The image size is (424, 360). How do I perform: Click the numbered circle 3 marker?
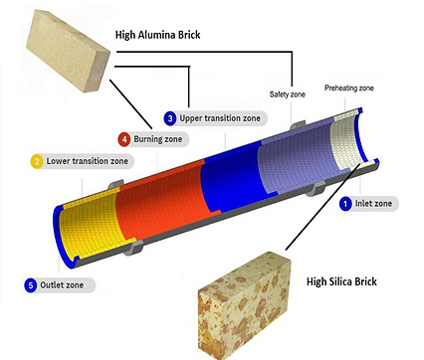click(x=170, y=118)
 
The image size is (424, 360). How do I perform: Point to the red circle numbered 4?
click(x=123, y=139)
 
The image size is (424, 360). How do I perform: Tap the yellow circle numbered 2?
click(x=37, y=161)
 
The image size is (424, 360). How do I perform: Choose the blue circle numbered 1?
click(x=345, y=204)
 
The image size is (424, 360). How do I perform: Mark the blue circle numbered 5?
click(x=31, y=285)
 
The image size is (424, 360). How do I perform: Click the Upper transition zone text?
click(x=221, y=118)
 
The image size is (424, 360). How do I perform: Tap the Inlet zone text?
click(x=375, y=204)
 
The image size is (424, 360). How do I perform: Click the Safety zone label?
click(x=291, y=95)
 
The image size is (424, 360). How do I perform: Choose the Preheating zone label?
click(x=348, y=89)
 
